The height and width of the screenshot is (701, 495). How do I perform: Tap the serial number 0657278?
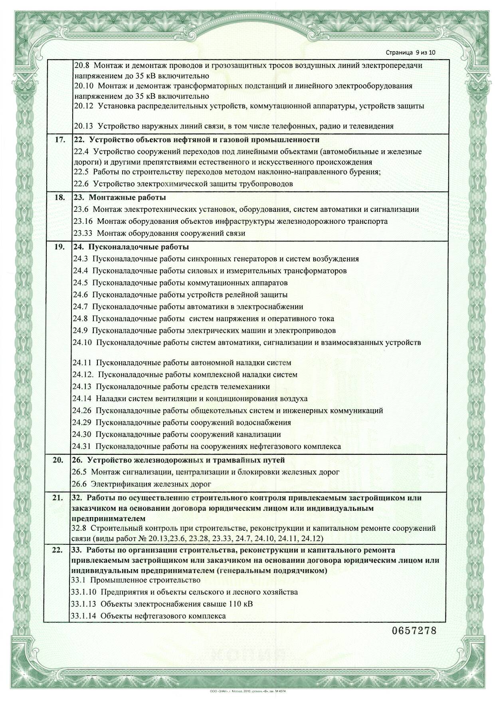coord(414,631)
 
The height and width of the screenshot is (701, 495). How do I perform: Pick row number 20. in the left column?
coord(58,460)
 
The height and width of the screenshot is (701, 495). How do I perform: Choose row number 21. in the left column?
coord(58,498)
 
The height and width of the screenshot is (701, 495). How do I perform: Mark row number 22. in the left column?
coord(58,550)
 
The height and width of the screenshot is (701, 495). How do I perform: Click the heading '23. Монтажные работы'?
coord(120,197)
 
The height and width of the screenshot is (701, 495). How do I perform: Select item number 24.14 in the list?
coord(82,398)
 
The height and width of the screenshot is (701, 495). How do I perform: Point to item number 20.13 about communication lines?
coord(83,126)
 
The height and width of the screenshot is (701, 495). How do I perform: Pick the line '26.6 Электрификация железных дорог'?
coord(141,484)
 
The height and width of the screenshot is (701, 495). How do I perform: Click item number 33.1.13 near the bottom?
coord(83,603)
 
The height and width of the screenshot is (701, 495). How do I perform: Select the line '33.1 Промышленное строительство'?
coord(135,580)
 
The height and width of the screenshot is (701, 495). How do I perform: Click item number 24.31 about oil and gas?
coord(82,446)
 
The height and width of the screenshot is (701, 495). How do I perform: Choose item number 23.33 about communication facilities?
coord(83,233)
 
